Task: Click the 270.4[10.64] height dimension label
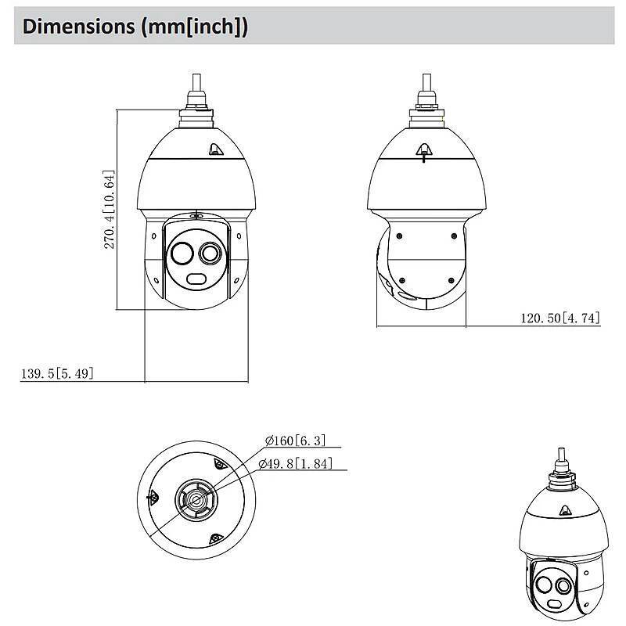pos(110,209)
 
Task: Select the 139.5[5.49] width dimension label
pos(57,373)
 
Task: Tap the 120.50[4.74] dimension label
pos(560,318)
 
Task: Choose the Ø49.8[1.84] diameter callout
pos(295,463)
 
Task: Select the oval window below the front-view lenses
pos(195,280)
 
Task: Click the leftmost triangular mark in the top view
pos(152,497)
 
